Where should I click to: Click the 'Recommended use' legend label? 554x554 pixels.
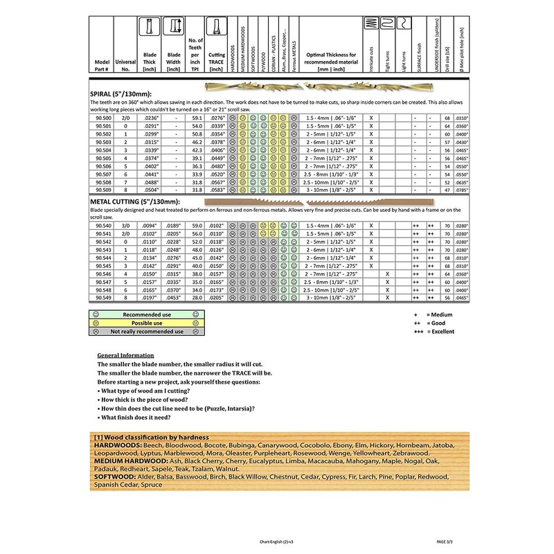143,314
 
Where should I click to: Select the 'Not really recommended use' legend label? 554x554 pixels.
143,331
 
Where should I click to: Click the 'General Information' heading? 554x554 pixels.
127,355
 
